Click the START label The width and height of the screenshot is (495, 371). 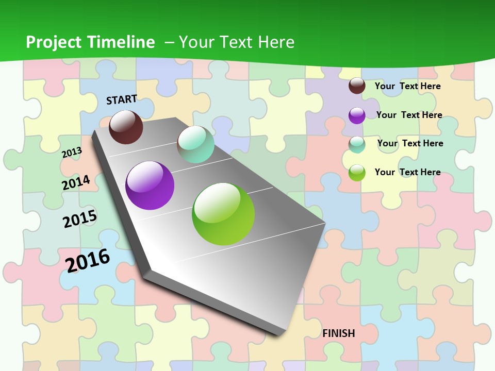(122, 99)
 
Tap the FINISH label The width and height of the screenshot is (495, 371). (339, 333)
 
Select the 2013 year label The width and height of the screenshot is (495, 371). (72, 153)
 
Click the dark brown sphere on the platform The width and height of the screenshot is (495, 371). (126, 127)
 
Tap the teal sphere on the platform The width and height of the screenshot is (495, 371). (195, 144)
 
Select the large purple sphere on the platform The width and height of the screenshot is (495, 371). (150, 185)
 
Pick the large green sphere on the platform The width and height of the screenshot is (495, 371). (223, 214)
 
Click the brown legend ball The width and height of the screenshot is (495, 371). (357, 86)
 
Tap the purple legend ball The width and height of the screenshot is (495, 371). (357, 115)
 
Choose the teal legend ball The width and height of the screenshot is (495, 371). (357, 144)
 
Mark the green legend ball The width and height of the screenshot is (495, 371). (357, 173)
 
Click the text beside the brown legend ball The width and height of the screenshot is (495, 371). (407, 86)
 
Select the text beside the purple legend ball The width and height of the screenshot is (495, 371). (409, 115)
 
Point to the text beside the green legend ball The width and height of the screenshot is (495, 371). (407, 172)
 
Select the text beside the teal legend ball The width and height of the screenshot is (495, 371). (410, 143)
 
